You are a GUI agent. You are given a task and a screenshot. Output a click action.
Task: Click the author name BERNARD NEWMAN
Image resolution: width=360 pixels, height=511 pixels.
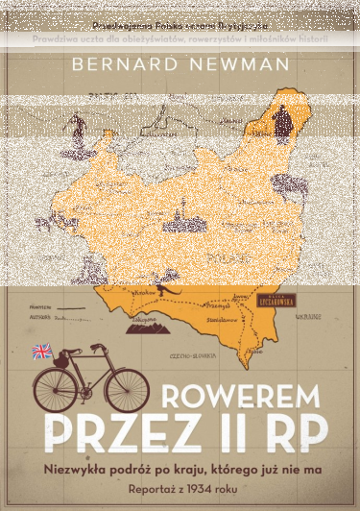(x=180, y=62)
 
